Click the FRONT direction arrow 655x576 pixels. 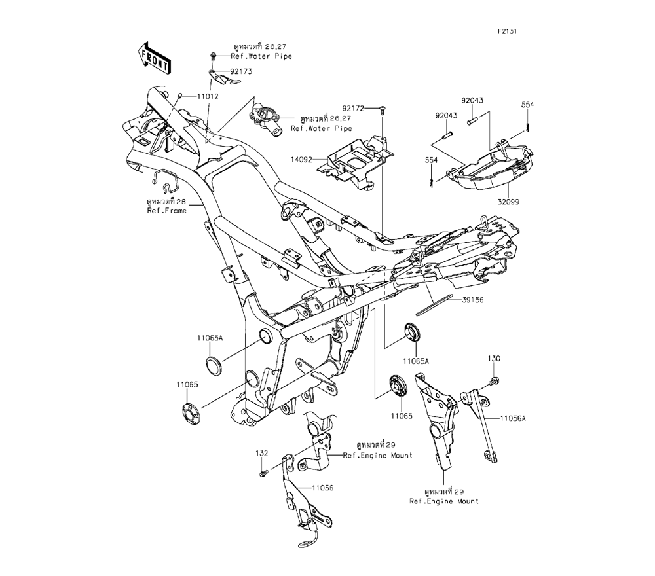[x=155, y=58]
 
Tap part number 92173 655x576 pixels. [x=241, y=71]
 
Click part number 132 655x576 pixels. [x=263, y=452]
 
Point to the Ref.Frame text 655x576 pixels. [x=166, y=211]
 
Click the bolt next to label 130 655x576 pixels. [x=493, y=379]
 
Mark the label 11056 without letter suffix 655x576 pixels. [x=323, y=488]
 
